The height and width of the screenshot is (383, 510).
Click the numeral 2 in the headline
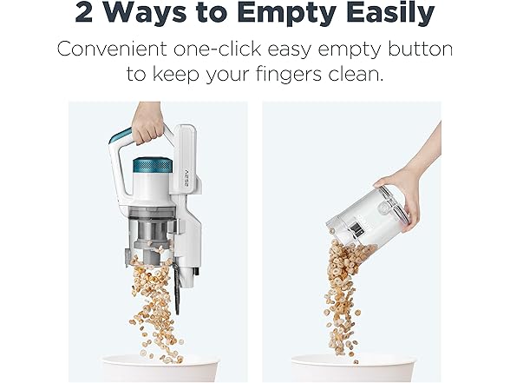click(83, 11)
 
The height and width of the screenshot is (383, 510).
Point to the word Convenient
click(112, 49)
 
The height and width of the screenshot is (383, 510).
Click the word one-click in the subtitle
click(217, 49)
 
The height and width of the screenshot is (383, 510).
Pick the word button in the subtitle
click(420, 49)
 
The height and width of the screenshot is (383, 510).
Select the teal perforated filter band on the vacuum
click(153, 166)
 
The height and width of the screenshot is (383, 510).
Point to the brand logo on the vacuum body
click(189, 175)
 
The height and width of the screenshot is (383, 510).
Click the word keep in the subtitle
click(175, 75)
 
